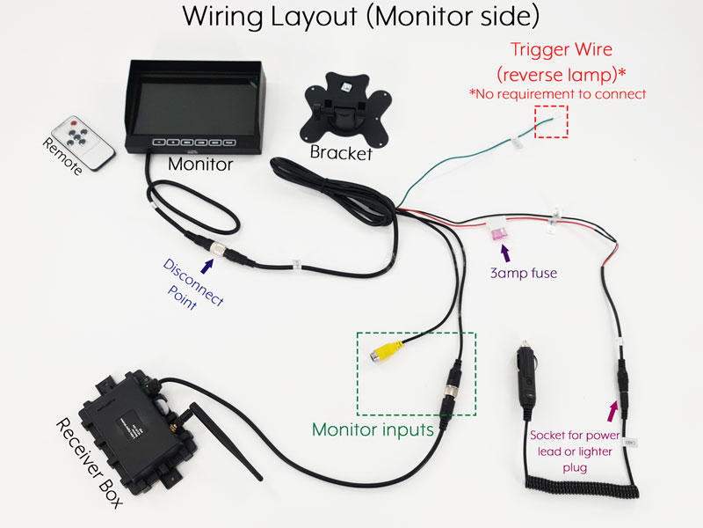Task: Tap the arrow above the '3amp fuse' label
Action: point(506,254)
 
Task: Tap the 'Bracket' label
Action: point(341,154)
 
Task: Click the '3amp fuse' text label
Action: point(524,274)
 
